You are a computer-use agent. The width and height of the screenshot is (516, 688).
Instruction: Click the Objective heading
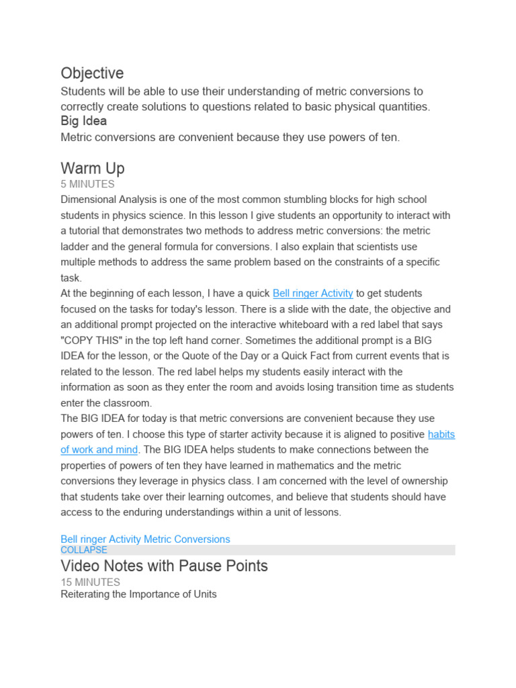tap(92, 73)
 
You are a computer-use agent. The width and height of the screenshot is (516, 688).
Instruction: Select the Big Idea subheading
tap(83, 122)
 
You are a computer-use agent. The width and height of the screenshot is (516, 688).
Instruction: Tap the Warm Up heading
tap(92, 168)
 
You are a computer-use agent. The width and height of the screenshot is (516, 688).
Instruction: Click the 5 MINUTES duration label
tap(87, 184)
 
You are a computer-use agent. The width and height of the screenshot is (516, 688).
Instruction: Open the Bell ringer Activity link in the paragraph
tap(312, 294)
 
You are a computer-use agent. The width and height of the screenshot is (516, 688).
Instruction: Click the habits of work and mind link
tap(441, 435)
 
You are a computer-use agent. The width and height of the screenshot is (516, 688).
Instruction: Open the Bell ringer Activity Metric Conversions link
tap(145, 540)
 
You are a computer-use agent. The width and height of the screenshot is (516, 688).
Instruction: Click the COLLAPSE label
tap(83, 550)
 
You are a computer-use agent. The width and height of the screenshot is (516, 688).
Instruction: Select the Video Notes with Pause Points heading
tap(164, 566)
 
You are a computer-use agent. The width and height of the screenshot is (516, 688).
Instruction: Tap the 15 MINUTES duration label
tap(90, 583)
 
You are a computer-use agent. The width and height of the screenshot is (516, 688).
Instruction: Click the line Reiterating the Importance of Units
tap(138, 595)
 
